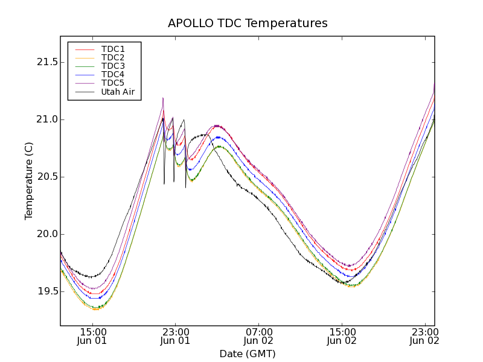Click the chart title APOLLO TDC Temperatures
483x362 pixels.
(248, 24)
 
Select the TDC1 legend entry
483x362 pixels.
(113, 49)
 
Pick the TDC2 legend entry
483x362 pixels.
(113, 57)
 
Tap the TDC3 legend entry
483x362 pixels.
(113, 66)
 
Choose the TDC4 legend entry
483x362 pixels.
(113, 75)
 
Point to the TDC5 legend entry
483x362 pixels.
(113, 83)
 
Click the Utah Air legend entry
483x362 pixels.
(118, 92)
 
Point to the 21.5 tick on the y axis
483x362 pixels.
(46, 62)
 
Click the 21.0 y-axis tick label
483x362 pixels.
(46, 119)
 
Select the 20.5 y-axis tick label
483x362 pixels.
(46, 177)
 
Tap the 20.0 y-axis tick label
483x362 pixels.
(46, 234)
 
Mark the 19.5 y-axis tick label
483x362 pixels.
(46, 291)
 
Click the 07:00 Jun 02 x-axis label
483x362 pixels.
(259, 336)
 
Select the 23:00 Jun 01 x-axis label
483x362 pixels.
(175, 336)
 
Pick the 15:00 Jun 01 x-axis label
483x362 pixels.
(92, 336)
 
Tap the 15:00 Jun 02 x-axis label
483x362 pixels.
(342, 336)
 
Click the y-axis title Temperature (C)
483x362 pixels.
(29, 180)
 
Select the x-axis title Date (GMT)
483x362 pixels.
(248, 354)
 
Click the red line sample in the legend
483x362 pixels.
(84, 49)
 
